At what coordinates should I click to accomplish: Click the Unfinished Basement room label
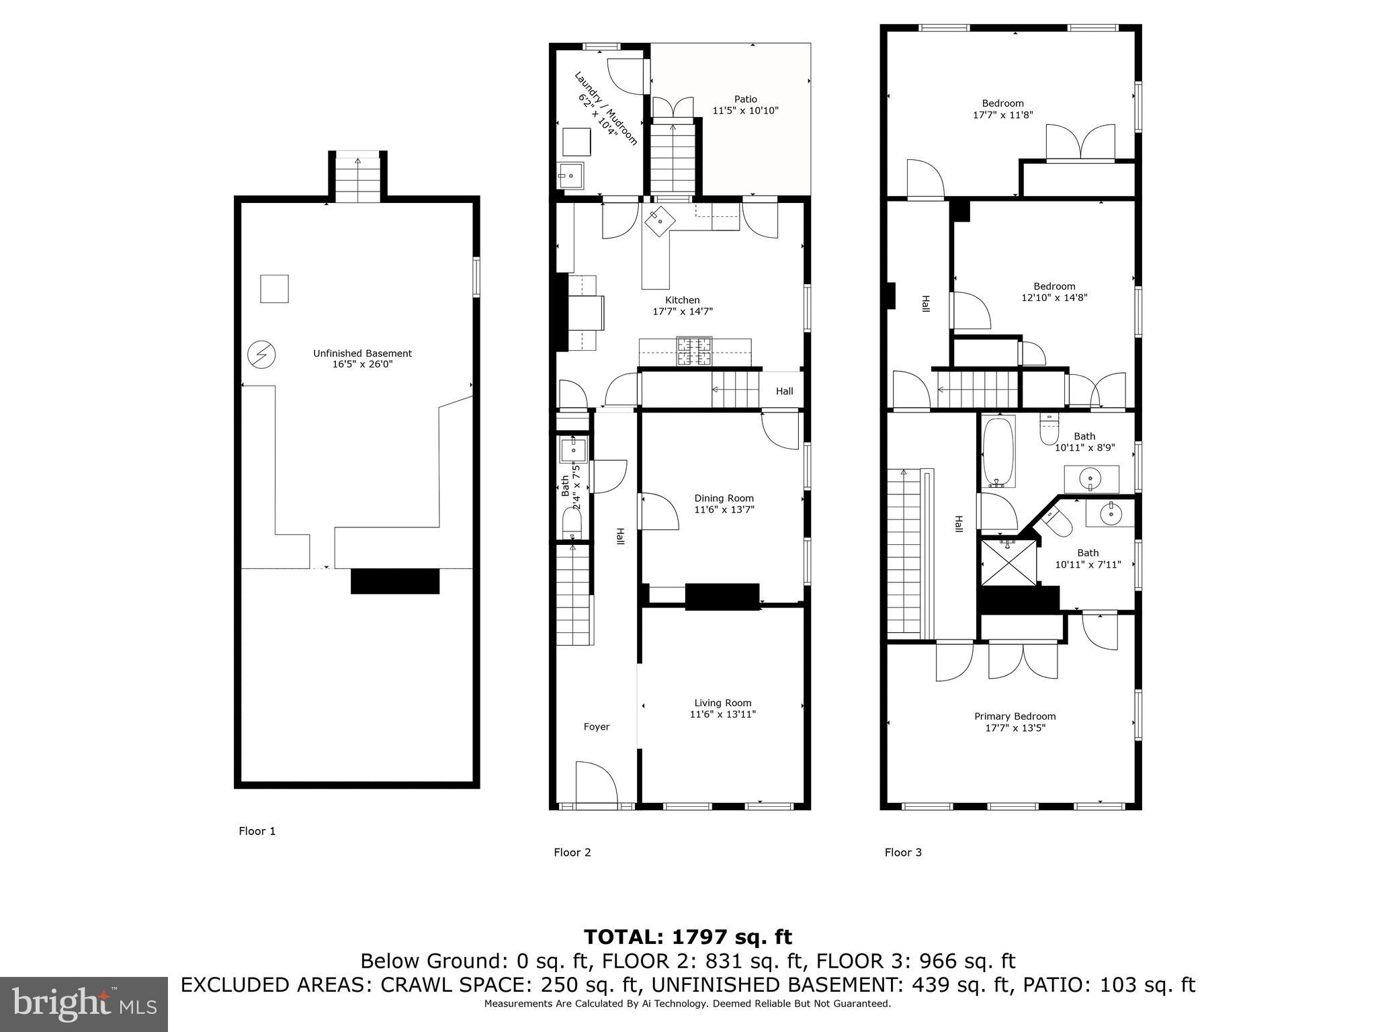[362, 353]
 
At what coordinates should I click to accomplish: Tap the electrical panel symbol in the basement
[261, 354]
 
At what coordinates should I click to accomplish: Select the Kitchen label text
[682, 300]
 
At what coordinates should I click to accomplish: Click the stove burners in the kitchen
[694, 351]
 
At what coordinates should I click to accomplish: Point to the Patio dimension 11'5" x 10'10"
[745, 110]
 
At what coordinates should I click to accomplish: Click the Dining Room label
[724, 498]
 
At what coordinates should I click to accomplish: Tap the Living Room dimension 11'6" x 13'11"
[722, 714]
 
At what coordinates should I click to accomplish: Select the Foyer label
[596, 727]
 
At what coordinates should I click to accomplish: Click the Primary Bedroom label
[1015, 716]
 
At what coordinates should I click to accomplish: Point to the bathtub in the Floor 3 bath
[998, 452]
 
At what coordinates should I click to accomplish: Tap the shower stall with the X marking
[1008, 562]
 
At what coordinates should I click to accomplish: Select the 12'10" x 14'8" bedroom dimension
[1054, 298]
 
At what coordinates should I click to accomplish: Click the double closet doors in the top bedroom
[1080, 143]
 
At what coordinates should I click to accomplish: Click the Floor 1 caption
[257, 831]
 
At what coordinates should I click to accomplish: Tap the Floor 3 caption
[902, 853]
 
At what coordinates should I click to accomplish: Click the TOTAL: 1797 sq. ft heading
[687, 937]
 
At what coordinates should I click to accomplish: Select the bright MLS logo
[83, 1004]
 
